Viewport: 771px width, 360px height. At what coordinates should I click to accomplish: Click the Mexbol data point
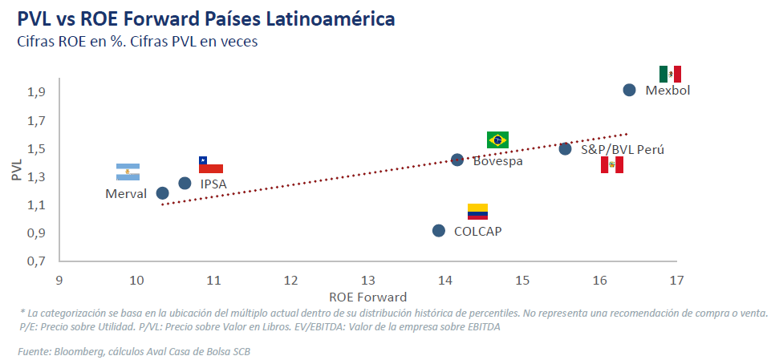click(x=630, y=90)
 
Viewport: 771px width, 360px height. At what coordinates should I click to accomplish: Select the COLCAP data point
click(x=439, y=231)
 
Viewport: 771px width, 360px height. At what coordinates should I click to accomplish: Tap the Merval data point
click(x=163, y=193)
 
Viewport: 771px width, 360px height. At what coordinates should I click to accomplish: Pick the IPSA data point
click(x=185, y=184)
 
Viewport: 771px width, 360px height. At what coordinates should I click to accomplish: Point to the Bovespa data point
click(x=457, y=160)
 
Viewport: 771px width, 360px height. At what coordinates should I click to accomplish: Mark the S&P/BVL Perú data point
click(x=565, y=148)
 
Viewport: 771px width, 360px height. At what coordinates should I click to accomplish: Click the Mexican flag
click(x=670, y=75)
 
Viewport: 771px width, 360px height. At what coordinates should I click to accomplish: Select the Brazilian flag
click(x=498, y=140)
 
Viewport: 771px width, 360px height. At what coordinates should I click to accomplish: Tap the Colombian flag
click(x=477, y=212)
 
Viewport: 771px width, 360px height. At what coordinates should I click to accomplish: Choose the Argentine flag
click(x=128, y=172)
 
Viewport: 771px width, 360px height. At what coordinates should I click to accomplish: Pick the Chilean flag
click(x=211, y=164)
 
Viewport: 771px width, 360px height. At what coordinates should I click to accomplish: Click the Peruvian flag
click(x=612, y=165)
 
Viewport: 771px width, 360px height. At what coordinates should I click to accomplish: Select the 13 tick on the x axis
click(x=368, y=281)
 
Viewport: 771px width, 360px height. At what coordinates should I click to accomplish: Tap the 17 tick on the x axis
click(x=676, y=281)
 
